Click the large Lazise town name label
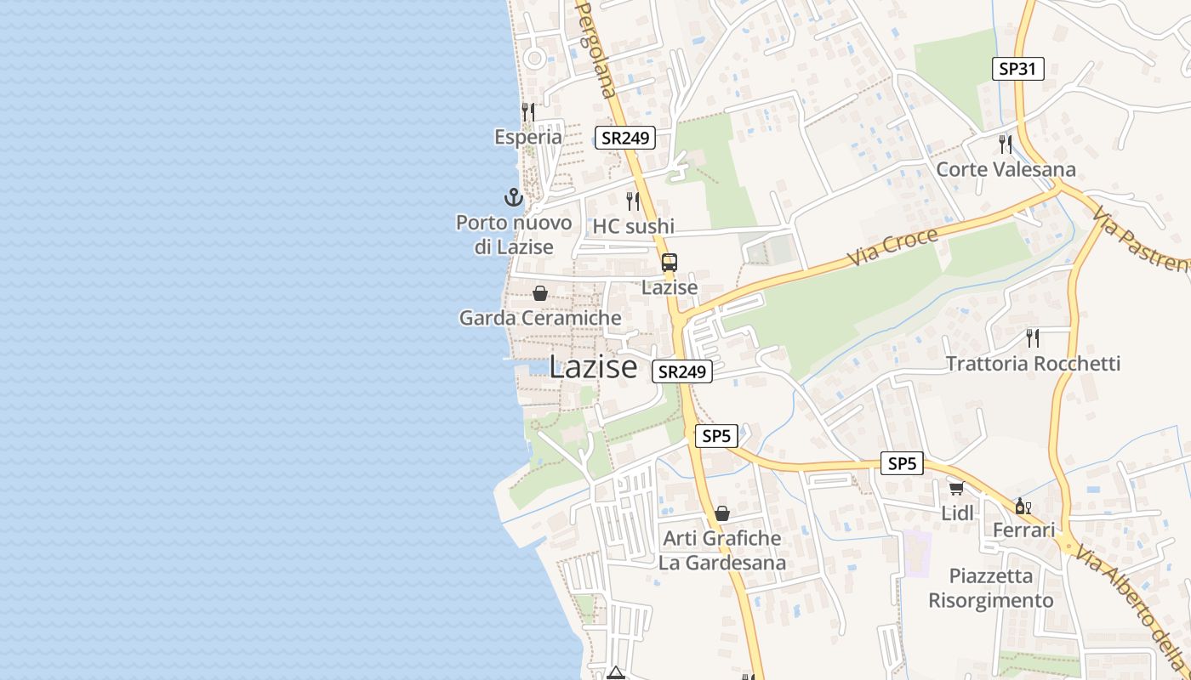coord(593,366)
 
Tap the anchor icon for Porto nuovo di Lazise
coord(513,198)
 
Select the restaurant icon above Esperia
coord(528,111)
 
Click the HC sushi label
coord(633,226)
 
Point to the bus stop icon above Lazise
coord(670,263)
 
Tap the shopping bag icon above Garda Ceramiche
coord(539,294)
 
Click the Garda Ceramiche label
coord(540,318)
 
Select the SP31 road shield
coord(1017,69)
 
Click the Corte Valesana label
coord(1006,169)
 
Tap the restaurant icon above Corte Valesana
coord(1006,144)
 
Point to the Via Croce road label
coord(893,246)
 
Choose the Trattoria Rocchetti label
coord(1033,364)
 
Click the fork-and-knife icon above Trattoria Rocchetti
coord(1033,337)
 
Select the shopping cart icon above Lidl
coord(956,488)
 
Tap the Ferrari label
coord(1024,530)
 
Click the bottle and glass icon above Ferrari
coord(1023,507)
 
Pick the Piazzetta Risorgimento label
coord(990,588)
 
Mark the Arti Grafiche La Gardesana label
coord(721,550)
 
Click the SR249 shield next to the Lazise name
coord(682,371)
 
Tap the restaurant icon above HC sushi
coord(633,201)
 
